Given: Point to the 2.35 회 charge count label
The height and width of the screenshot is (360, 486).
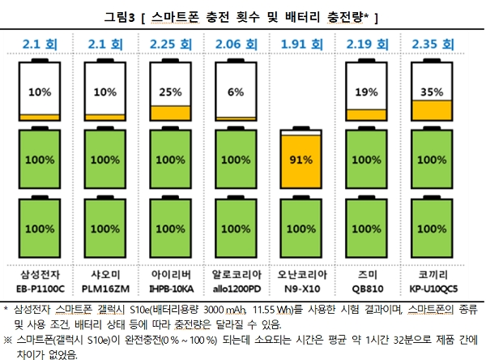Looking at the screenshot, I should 431,42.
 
